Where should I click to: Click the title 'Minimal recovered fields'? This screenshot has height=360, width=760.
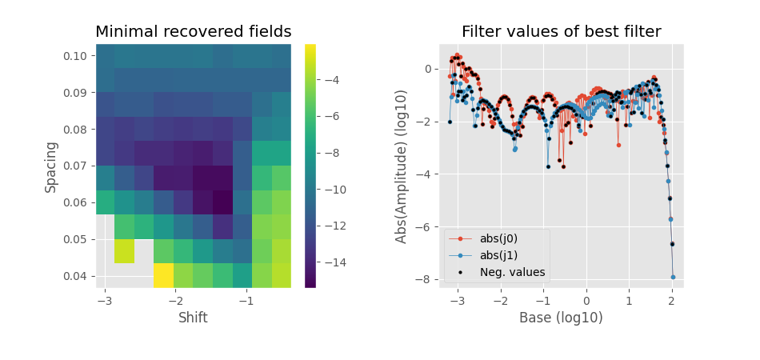193,32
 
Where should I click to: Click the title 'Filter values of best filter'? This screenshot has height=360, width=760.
561,32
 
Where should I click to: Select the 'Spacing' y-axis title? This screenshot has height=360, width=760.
51,166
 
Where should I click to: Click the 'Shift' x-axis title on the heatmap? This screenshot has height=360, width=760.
193,318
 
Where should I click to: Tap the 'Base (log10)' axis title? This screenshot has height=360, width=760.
561,318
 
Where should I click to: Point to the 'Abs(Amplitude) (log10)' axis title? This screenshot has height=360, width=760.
402,166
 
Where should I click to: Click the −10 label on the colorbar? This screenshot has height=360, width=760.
334,190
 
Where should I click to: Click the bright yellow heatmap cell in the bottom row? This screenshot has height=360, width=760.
163,275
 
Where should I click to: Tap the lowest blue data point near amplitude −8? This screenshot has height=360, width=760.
673,277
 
